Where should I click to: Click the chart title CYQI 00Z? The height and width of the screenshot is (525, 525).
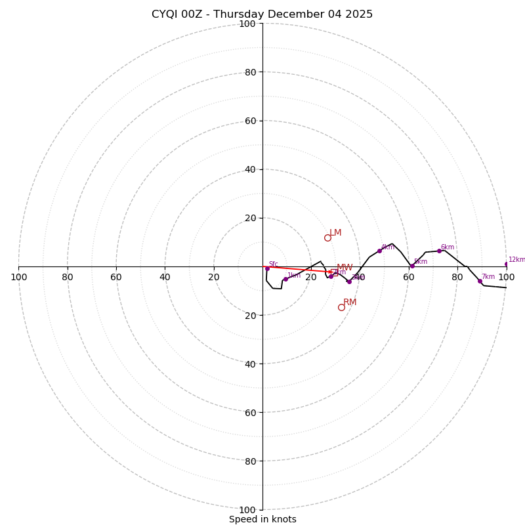[x=262, y=14]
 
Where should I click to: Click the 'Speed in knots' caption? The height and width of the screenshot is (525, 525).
[x=262, y=519]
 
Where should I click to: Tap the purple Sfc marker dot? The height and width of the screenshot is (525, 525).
[x=267, y=268]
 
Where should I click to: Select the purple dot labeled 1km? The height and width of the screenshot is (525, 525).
[x=285, y=279]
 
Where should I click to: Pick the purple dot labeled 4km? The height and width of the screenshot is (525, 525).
[x=379, y=251]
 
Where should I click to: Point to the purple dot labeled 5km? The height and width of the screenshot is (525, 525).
[x=412, y=266]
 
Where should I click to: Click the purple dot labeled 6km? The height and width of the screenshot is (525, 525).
[x=439, y=251]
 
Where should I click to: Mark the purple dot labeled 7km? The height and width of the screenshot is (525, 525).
[x=480, y=281]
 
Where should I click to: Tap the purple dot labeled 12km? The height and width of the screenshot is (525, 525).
[x=507, y=264]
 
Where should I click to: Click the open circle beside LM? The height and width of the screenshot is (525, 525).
[x=327, y=238]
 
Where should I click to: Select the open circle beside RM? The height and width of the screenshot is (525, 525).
[x=341, y=307]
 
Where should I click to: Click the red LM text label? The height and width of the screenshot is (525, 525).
[x=335, y=233]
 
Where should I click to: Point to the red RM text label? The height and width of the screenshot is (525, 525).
[x=350, y=303]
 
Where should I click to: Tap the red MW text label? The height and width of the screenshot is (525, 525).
[x=345, y=268]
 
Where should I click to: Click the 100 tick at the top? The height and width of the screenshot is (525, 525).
[x=247, y=24]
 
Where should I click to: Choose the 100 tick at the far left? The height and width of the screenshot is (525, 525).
[x=18, y=277]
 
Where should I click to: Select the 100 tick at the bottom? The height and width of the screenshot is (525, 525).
[x=247, y=510]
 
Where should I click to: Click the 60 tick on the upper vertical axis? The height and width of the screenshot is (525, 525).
[x=249, y=121]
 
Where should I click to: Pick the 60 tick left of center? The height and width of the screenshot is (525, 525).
[x=116, y=277]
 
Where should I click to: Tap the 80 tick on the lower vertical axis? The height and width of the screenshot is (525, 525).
[x=249, y=461]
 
